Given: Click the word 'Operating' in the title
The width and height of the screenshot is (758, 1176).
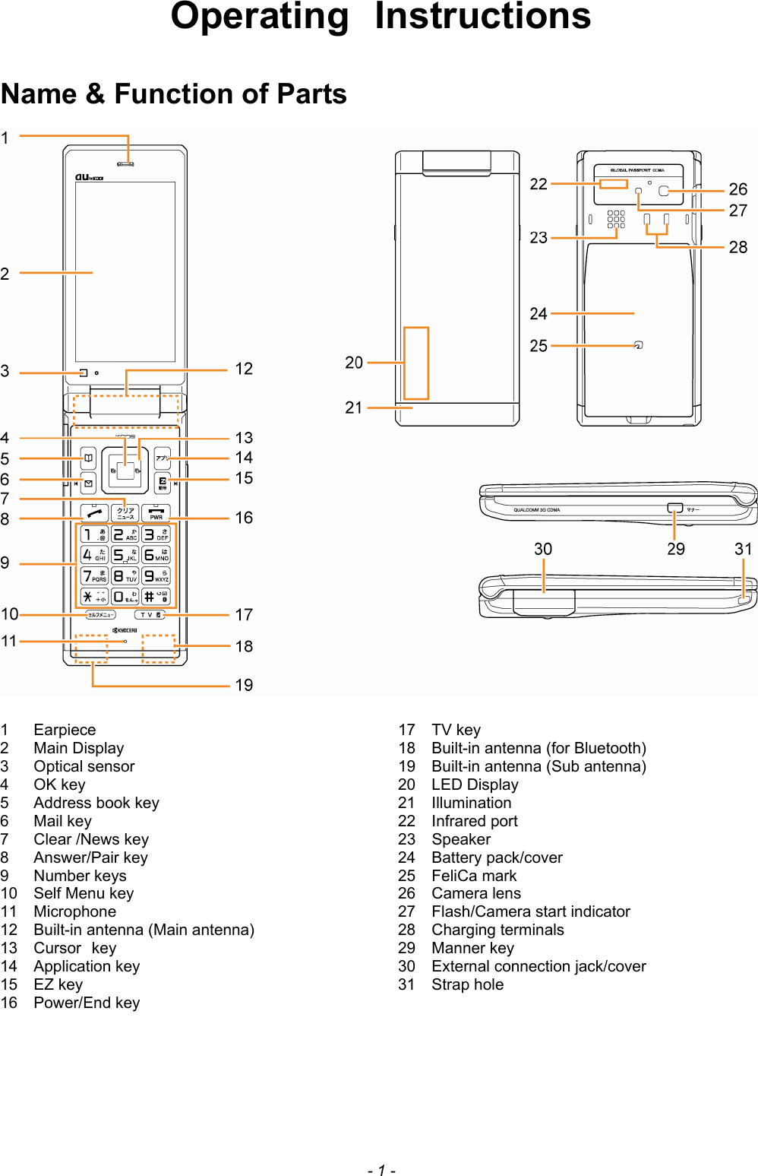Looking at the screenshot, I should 259,17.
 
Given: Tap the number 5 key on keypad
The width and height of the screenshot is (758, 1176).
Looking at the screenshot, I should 125,555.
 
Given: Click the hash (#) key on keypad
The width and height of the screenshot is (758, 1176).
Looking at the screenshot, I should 156,597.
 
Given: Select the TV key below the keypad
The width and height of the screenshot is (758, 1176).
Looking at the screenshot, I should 150,615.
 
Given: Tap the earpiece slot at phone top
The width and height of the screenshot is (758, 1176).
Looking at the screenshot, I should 125,163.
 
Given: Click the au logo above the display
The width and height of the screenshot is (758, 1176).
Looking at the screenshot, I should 88,177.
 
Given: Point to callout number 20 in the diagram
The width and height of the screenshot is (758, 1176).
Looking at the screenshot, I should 354,363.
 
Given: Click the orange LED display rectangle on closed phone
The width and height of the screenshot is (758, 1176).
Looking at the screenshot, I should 416,363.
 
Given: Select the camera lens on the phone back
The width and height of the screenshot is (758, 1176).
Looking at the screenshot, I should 664,191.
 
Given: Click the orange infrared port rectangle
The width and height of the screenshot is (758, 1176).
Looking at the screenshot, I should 613,184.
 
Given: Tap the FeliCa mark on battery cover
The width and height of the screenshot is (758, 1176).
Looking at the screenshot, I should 638,345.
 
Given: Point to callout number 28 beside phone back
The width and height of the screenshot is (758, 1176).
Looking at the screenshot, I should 737,247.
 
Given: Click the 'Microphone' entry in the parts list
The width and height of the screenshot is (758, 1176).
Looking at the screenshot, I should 74,911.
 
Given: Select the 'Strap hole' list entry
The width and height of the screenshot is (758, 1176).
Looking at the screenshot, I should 467,984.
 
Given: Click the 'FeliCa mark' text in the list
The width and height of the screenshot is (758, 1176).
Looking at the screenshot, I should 474,876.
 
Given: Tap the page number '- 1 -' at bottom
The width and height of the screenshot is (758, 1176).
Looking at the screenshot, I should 381,1170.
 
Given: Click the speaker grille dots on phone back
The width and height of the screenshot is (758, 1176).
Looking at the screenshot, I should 616,219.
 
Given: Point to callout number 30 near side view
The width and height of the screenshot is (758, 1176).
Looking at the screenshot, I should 542,549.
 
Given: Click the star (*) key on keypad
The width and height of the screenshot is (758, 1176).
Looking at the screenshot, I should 93,597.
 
